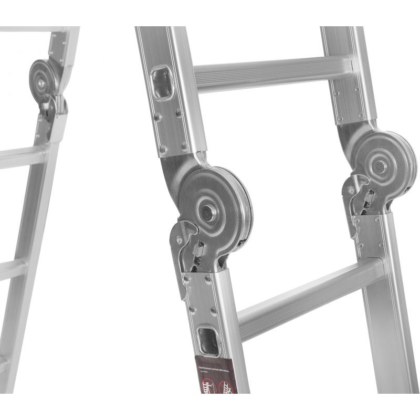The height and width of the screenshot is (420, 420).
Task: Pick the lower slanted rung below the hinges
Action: coord(310,294)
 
